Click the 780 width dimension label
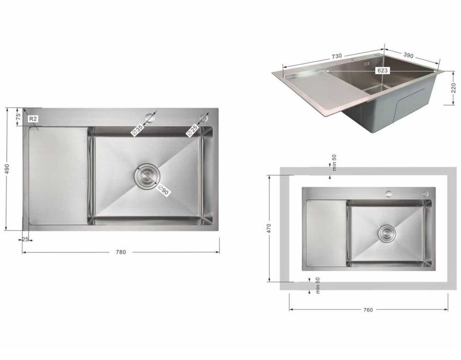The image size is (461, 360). pyautogui.click(x=121, y=252)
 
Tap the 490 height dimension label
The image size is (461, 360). pyautogui.click(x=7, y=169)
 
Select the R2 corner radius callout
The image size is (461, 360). pyautogui.click(x=33, y=119)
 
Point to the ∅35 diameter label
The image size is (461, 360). pyautogui.click(x=138, y=130)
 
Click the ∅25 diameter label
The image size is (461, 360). pyautogui.click(x=192, y=130)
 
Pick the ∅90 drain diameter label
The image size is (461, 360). pyautogui.click(x=163, y=190)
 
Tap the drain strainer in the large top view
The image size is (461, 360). pyautogui.click(x=147, y=176)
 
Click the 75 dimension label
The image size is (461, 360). pyautogui.click(x=18, y=116)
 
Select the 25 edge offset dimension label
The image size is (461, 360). pyautogui.click(x=25, y=240)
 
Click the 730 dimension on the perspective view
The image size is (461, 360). pyautogui.click(x=336, y=56)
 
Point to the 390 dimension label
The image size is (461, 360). pyautogui.click(x=408, y=55)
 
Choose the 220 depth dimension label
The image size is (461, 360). pyautogui.click(x=454, y=87)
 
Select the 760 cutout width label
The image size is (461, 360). pyautogui.click(x=368, y=310)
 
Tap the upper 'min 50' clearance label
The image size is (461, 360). pyautogui.click(x=334, y=163)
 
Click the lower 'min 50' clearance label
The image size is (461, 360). pyautogui.click(x=318, y=286)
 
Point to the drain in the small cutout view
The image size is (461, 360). pyautogui.click(x=387, y=233)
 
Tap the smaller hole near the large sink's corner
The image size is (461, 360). pyautogui.click(x=203, y=118)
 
